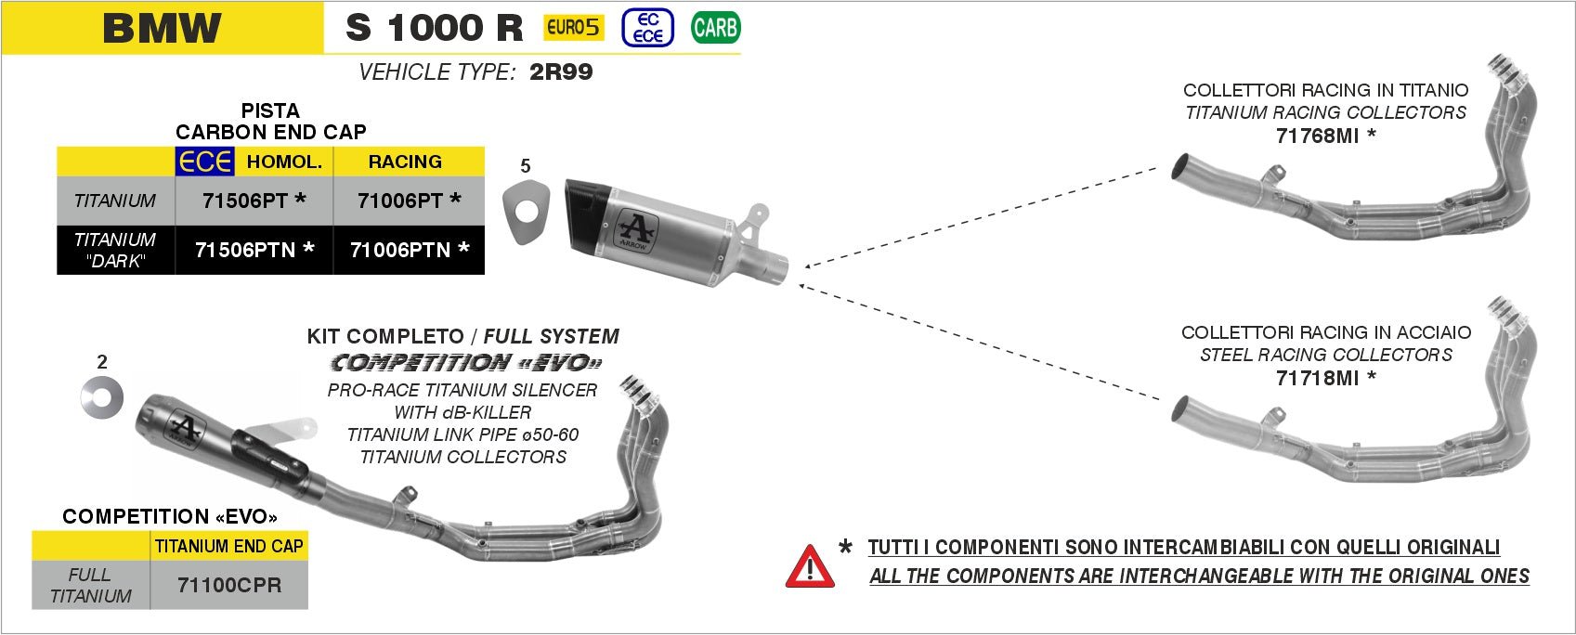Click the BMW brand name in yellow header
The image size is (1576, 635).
[163, 28]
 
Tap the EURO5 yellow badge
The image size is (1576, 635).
[573, 28]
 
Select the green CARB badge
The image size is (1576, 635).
[715, 28]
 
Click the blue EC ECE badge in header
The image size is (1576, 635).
[647, 28]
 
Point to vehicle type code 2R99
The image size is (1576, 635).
[561, 72]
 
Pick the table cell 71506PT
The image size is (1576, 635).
[254, 201]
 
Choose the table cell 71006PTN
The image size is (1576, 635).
[410, 250]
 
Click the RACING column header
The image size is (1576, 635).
[405, 162]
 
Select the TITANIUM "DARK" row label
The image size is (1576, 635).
[115, 250]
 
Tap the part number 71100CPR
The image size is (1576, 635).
[228, 586]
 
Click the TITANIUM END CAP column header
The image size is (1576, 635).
[228, 547]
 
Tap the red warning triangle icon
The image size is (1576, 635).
[810, 566]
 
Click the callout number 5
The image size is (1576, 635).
[526, 166]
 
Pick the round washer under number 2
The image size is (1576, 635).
[101, 399]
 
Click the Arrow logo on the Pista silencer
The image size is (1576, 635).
[638, 233]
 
